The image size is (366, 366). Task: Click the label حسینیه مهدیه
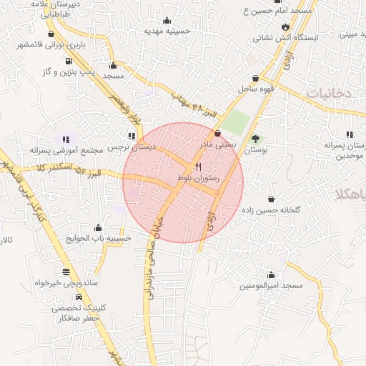point(167,31)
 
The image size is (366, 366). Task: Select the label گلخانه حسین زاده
point(271,210)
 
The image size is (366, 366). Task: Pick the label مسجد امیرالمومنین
point(271,285)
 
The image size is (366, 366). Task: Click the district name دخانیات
point(329,93)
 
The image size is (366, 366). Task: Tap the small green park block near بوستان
point(234,123)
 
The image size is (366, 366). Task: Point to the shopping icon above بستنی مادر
point(217,133)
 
